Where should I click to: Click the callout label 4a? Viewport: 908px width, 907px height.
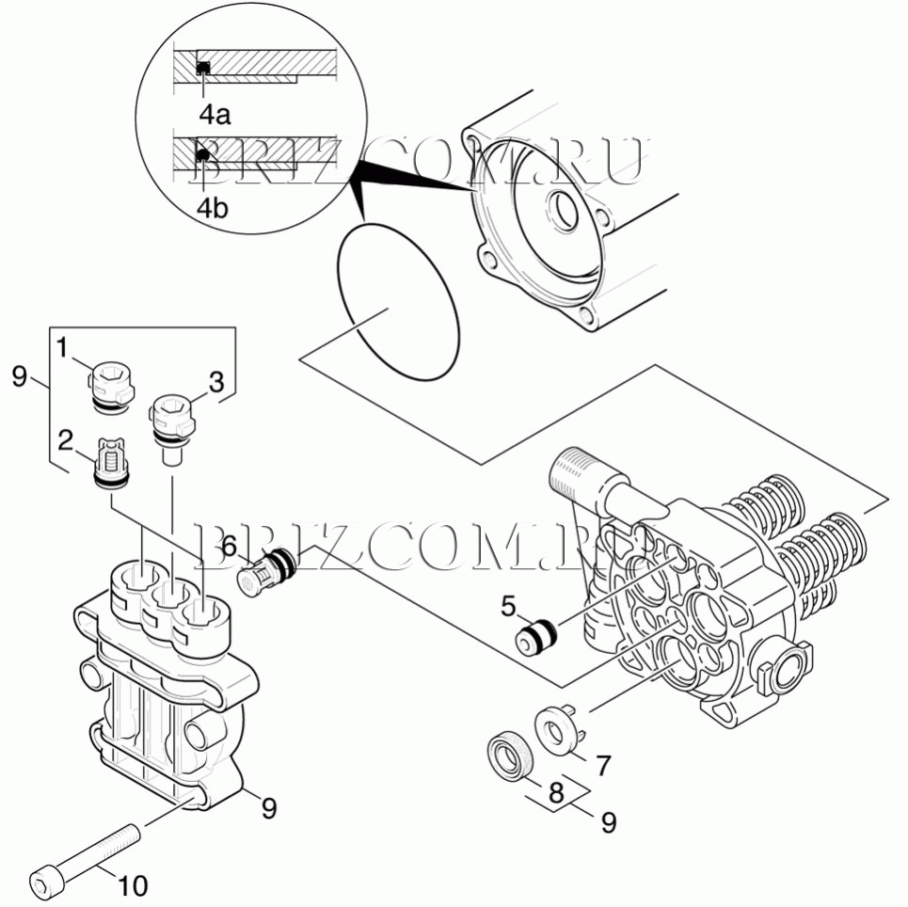tap(215, 115)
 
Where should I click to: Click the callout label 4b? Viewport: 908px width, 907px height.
tap(214, 208)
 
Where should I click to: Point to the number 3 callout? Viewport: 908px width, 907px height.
tap(216, 382)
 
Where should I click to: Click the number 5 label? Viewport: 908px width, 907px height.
tap(508, 606)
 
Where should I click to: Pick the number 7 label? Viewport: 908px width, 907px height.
tap(603, 765)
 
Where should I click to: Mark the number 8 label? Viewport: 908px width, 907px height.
tap(556, 793)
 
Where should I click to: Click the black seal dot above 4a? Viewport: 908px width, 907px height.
tap(202, 67)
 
